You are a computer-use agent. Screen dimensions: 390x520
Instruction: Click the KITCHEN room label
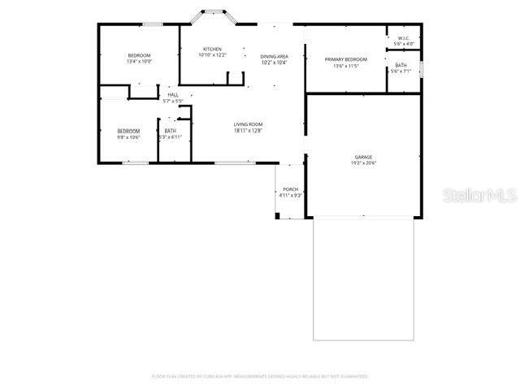212,50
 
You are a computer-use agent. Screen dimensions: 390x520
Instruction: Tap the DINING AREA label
274,56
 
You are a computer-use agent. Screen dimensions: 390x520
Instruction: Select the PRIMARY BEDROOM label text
346,59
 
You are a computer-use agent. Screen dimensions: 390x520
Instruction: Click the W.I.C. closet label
404,38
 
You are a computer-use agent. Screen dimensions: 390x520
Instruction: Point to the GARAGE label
363,156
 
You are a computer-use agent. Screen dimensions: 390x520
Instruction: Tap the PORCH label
290,189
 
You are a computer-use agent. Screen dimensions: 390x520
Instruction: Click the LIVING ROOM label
248,124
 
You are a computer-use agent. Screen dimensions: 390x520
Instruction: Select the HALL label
173,95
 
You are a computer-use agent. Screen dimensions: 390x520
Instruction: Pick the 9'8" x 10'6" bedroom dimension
128,137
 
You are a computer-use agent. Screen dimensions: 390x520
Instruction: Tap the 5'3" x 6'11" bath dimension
171,137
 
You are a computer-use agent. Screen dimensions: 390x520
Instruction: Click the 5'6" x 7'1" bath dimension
401,71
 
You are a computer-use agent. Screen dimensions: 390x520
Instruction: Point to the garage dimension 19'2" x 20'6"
363,162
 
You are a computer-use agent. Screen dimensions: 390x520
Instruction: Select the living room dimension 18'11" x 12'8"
248,131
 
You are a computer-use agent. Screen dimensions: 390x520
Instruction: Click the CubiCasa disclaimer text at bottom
260,376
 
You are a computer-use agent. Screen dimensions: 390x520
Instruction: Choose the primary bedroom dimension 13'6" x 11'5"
346,66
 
